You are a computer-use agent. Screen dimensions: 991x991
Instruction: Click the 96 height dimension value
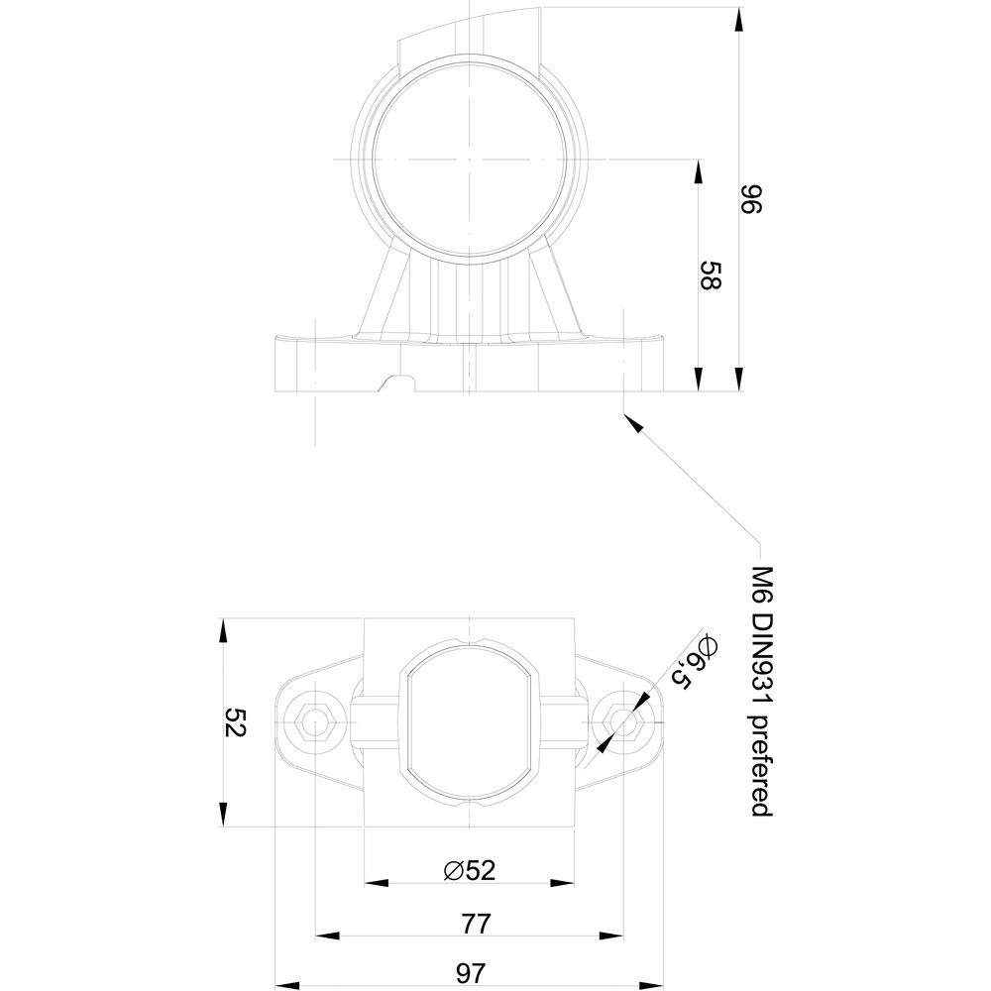click(751, 199)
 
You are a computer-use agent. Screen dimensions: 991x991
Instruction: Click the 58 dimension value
click(711, 275)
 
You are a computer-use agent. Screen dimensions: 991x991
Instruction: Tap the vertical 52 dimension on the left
click(235, 721)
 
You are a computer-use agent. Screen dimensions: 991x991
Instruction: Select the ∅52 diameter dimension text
click(469, 870)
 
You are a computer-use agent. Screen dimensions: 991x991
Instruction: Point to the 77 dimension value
click(476, 924)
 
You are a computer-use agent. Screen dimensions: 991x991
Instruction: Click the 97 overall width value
click(471, 973)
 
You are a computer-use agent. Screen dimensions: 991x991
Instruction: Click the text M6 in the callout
click(763, 584)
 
